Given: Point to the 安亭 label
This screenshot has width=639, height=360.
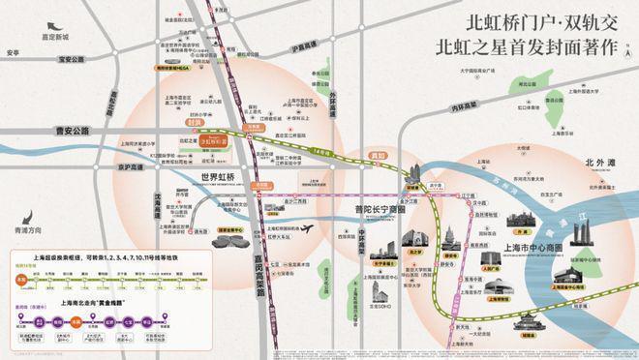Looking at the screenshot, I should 13,52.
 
